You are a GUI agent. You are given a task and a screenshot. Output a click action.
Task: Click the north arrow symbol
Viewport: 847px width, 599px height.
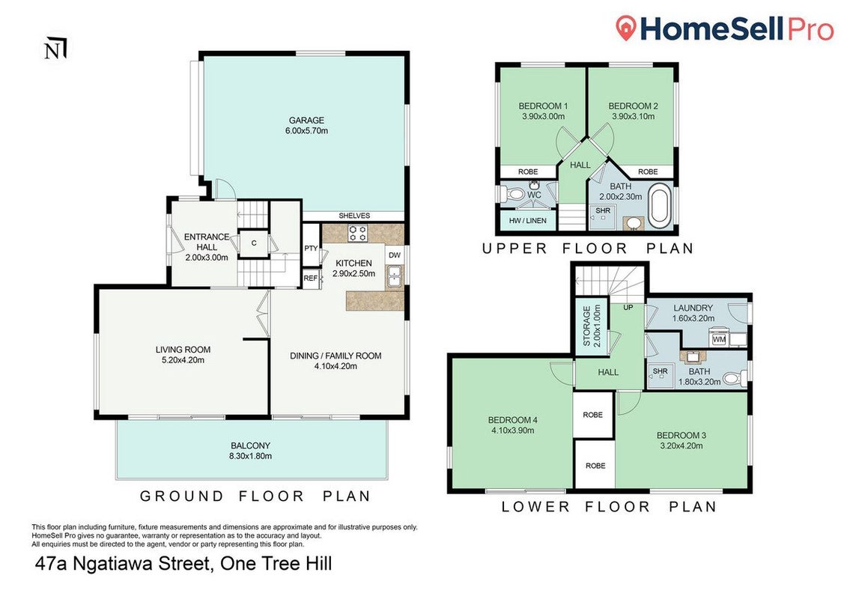(x=55, y=48)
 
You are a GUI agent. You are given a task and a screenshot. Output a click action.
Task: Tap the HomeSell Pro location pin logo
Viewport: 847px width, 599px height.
(x=626, y=28)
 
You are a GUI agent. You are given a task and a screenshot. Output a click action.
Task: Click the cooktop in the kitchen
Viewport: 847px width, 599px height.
(x=357, y=234)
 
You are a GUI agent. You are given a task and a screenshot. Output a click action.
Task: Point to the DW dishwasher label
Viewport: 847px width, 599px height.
(x=395, y=255)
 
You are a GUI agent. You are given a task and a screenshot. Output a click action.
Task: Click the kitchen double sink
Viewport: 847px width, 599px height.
(x=395, y=276)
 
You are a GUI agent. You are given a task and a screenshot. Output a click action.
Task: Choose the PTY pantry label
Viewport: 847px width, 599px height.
(x=311, y=249)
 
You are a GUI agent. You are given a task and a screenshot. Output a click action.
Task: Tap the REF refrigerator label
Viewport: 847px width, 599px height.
(x=311, y=279)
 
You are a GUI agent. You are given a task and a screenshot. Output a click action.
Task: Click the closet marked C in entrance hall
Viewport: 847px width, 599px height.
(x=254, y=243)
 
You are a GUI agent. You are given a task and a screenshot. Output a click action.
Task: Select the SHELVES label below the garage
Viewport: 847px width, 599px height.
(x=354, y=216)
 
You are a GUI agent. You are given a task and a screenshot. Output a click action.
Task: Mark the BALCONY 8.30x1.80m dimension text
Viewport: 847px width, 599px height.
(x=251, y=457)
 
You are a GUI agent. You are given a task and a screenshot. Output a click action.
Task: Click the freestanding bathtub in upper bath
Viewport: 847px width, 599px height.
(x=660, y=206)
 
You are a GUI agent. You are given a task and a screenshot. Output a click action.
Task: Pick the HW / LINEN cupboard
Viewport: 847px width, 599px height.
(x=528, y=220)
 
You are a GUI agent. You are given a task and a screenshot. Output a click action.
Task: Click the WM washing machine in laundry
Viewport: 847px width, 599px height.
(x=719, y=339)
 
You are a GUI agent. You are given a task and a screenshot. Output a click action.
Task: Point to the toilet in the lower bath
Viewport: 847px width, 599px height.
(x=734, y=378)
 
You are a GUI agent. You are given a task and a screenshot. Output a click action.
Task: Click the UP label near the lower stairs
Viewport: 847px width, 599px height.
(x=628, y=307)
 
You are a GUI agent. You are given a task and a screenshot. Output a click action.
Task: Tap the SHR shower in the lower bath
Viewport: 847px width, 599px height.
(x=661, y=375)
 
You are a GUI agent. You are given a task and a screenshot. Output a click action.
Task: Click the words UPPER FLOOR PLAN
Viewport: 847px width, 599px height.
(x=588, y=249)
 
